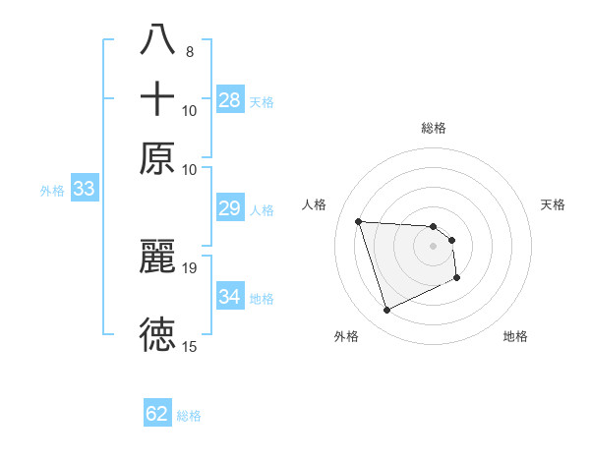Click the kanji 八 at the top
point(157,40)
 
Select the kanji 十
point(157,99)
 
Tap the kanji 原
point(157,158)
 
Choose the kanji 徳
point(157,335)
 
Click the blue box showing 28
point(230,99)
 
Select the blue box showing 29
point(230,208)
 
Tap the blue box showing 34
point(230,296)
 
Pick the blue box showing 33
point(84,189)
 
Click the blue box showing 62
point(157,414)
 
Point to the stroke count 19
point(190,267)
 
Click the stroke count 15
point(190,346)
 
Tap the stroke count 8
point(189,51)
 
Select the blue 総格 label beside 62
point(189,416)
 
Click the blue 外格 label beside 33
point(51,191)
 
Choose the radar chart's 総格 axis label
point(433,128)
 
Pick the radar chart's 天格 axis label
point(553,204)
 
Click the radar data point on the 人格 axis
point(359,221)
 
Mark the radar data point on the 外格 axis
point(386,311)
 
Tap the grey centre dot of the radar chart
point(433,247)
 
